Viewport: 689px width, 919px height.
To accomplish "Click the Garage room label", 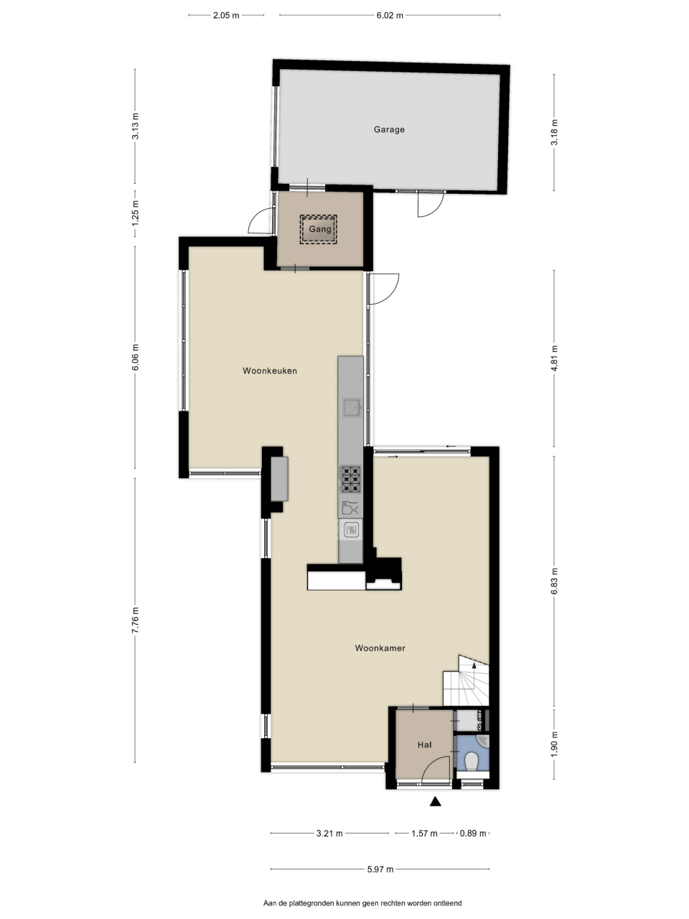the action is [x=389, y=130].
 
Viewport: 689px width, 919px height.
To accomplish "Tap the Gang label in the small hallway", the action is [x=320, y=229].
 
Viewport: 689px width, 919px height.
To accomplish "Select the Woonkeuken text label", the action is [x=270, y=370].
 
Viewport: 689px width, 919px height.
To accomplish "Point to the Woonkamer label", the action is [x=380, y=648].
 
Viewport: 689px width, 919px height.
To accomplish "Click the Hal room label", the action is [x=424, y=745].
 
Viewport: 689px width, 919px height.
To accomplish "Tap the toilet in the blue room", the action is [x=472, y=760].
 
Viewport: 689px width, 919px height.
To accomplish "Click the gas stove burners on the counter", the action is [x=350, y=480].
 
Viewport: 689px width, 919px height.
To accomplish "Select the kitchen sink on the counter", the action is [x=352, y=407].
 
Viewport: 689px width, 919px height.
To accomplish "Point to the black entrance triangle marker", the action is [x=436, y=801].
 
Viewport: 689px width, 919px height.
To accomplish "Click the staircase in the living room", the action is [x=467, y=681].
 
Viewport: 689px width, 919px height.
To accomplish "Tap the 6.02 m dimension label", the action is [x=390, y=16].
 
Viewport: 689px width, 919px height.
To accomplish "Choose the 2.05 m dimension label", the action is [x=226, y=16].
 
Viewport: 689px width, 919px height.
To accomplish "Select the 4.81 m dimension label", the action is [x=554, y=358].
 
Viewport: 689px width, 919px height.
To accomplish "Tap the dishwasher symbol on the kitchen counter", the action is [x=350, y=508].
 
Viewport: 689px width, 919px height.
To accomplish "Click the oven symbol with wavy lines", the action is [x=351, y=531].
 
